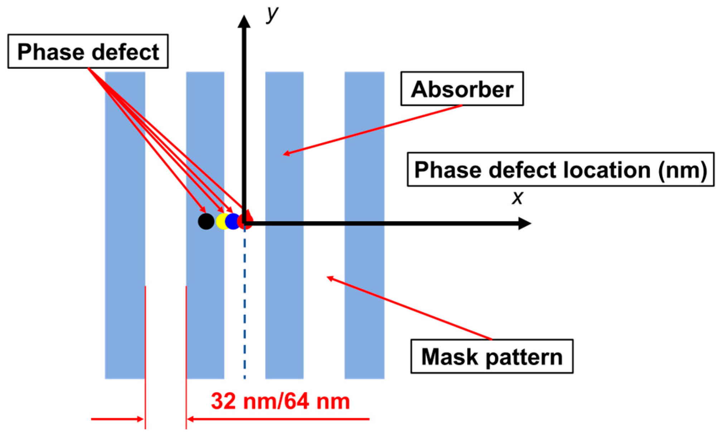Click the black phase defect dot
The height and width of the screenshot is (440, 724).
click(206, 221)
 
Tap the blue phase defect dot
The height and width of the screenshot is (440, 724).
click(233, 221)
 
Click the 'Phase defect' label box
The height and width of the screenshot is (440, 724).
click(88, 52)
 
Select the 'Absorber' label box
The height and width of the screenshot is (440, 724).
click(462, 89)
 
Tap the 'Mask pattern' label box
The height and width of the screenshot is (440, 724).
click(492, 356)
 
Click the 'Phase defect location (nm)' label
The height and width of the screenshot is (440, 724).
click(560, 170)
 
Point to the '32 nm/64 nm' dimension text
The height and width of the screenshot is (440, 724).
click(280, 401)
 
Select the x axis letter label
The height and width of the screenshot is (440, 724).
click(517, 197)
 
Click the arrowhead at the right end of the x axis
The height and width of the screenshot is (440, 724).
click(525, 224)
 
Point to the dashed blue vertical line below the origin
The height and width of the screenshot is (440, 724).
click(245, 304)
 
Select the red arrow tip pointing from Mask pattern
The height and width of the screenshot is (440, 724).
click(328, 277)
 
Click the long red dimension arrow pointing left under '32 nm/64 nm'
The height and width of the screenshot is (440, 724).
click(278, 419)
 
